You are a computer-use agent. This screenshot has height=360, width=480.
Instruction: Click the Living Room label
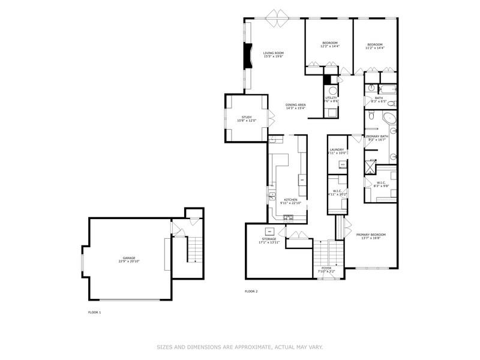(273, 53)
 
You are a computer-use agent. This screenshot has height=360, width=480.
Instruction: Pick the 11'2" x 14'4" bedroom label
(375, 45)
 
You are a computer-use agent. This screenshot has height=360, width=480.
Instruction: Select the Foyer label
(326, 268)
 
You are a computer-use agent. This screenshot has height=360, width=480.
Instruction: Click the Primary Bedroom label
(371, 235)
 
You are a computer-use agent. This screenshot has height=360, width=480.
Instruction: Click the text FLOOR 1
(95, 313)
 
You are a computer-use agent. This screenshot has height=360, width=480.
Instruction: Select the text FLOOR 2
(251, 291)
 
